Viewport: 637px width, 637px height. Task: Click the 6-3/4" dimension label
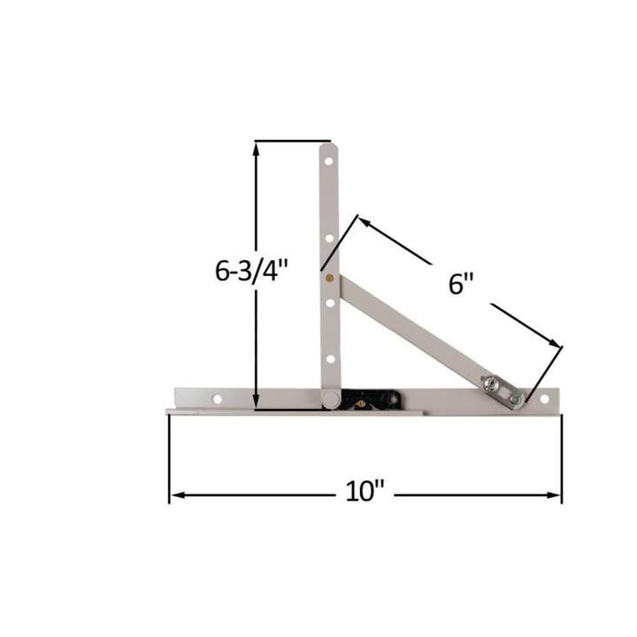[x=252, y=270]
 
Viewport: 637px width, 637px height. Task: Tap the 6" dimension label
[x=461, y=285]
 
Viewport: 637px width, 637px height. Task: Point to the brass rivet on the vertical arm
[x=330, y=277]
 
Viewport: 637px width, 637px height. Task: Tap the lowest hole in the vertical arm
[x=328, y=358]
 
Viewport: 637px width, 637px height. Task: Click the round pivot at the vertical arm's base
[x=330, y=400]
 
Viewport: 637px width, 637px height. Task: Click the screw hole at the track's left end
[x=217, y=399]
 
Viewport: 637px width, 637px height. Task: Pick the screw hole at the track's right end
[x=543, y=401]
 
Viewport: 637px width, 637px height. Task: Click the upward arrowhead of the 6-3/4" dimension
[x=257, y=150]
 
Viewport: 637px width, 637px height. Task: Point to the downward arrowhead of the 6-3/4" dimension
[x=257, y=403]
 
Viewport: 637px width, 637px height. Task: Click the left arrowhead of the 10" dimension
[x=176, y=495]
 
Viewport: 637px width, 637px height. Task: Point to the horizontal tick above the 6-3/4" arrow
[x=292, y=141]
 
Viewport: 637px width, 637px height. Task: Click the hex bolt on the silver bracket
[x=490, y=383]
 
